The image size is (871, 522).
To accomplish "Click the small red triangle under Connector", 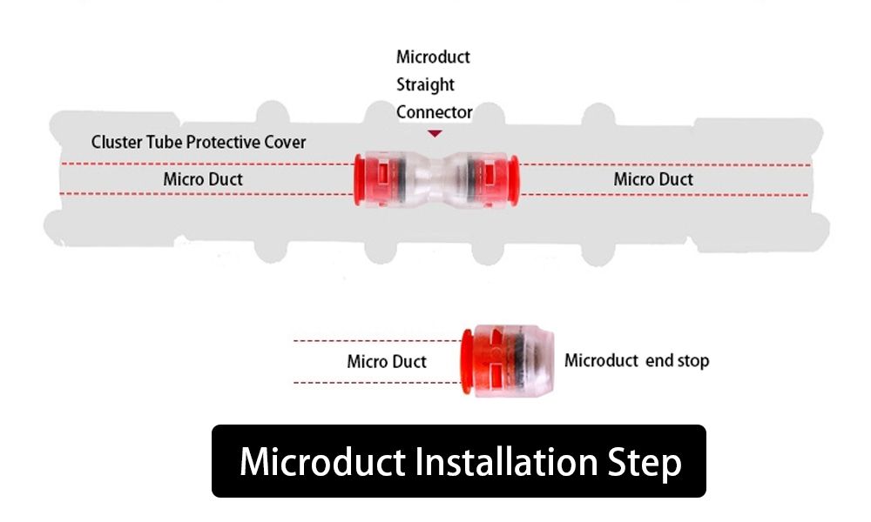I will click(435, 133).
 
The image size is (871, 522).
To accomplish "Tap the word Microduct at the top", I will click(433, 57).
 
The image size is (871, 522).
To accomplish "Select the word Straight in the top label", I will click(425, 84).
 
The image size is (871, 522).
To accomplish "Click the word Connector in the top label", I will click(435, 111).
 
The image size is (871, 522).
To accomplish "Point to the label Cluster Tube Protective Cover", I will click(199, 141).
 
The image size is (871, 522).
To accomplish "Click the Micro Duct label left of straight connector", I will click(203, 179).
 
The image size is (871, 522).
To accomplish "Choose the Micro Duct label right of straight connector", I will click(653, 179).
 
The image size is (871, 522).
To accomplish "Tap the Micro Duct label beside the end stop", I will click(387, 361).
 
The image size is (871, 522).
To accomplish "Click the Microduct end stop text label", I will click(637, 360).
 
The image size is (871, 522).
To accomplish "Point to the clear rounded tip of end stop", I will click(544, 360).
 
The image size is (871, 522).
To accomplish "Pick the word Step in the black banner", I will click(645, 461).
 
